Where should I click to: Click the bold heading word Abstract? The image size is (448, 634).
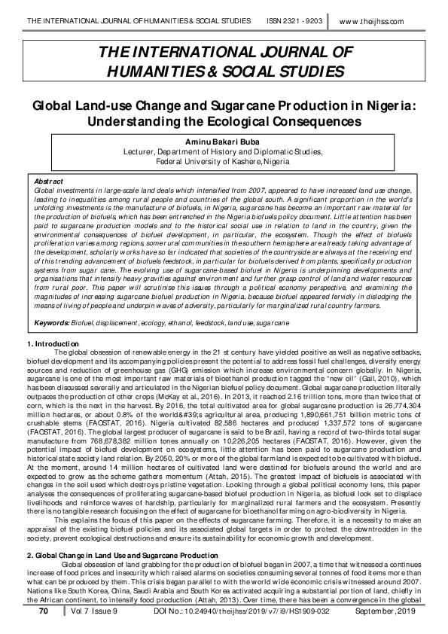click(50, 181)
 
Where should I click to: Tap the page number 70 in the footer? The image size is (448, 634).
click(43, 614)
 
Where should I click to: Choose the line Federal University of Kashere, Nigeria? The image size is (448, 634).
click(224, 161)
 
